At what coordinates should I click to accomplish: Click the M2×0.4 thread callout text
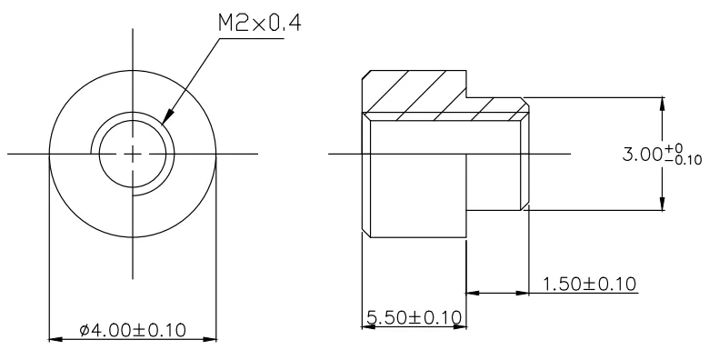(260, 23)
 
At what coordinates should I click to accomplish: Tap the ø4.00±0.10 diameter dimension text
(133, 330)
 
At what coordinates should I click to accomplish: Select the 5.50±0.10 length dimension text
(414, 317)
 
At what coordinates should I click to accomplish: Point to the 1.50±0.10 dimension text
(589, 284)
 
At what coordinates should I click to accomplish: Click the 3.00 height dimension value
(642, 155)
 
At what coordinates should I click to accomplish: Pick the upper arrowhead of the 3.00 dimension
(663, 105)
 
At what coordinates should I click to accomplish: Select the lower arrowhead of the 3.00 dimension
(663, 203)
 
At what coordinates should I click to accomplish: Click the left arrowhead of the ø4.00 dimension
(56, 339)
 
